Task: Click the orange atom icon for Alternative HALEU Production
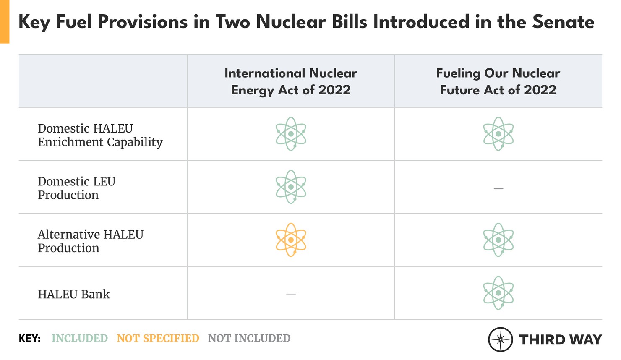[x=291, y=240]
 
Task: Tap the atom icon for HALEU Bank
[x=498, y=293]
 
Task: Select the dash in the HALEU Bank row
[x=291, y=295]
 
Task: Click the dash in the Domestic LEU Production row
[x=498, y=189]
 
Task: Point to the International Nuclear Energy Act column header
[x=291, y=81]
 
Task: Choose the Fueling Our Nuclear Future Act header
[x=498, y=81]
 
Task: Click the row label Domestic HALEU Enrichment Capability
[x=100, y=135]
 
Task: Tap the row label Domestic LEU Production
[x=76, y=188]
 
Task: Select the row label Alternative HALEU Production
[x=90, y=241]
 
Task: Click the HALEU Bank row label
[x=74, y=294]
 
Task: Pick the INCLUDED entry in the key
[x=79, y=338]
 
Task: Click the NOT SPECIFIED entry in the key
[x=158, y=338]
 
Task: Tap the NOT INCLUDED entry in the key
[x=249, y=338]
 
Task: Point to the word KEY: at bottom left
[x=29, y=338]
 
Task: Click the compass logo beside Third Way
[x=500, y=339]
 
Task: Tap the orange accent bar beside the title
[x=4, y=21]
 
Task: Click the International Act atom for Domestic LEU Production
[x=291, y=187]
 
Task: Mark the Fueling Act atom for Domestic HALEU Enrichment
[x=498, y=134]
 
